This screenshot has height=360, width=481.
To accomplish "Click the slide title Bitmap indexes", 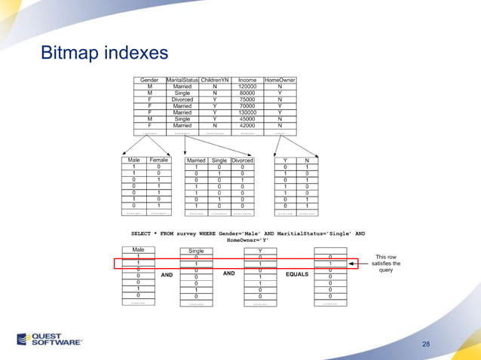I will tap(104, 54).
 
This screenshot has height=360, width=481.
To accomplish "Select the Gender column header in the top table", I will tap(149, 80).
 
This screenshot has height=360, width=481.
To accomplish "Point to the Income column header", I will tap(247, 80).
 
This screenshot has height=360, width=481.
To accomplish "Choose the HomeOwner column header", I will tap(280, 80).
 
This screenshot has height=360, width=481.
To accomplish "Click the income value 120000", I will tap(247, 87).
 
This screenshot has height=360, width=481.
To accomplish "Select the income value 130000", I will tap(247, 112).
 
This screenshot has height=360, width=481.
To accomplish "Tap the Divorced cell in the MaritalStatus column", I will tap(182, 99).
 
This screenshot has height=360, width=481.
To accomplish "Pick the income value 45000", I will tap(247, 119).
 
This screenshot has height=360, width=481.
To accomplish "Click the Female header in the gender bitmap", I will tap(158, 160).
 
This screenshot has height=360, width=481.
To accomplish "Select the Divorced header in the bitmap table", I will tap(242, 160).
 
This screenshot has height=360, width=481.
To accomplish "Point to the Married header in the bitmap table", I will tap(196, 160).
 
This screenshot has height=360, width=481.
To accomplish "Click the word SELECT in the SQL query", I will tap(142, 234).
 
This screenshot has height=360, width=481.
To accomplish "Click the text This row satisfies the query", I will tap(387, 264).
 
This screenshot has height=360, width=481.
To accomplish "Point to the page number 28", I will tap(427, 344).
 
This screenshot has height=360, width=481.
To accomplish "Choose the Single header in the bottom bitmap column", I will tap(196, 250).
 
